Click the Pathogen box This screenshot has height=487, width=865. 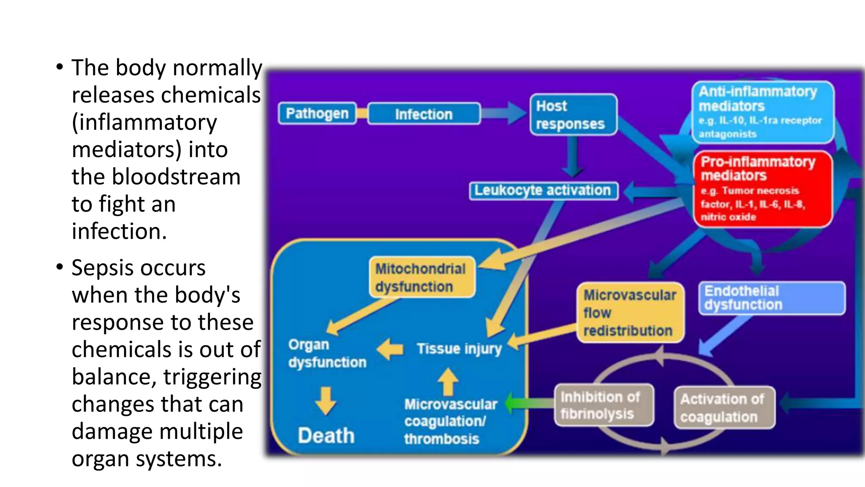[317, 113]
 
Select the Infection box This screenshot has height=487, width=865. [424, 114]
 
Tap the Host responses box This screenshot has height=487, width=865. [573, 115]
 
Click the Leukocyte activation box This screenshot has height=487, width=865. [543, 191]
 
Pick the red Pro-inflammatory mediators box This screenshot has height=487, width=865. [762, 189]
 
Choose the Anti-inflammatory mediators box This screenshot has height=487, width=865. [762, 112]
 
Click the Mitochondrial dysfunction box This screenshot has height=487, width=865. [421, 277]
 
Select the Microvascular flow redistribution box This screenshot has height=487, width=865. [629, 312]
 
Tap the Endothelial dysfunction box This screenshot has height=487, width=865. [771, 298]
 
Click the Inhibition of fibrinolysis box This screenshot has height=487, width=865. [603, 405]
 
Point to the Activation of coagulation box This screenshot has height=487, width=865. [724, 408]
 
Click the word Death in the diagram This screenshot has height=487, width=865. [326, 435]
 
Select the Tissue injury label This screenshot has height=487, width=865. [459, 349]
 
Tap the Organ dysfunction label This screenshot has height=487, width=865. [327, 353]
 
